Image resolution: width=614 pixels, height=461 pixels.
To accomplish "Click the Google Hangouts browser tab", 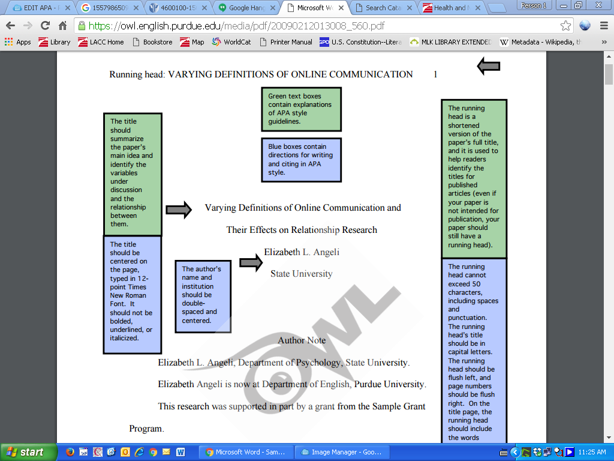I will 246,8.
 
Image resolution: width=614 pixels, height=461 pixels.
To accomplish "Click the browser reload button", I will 45,26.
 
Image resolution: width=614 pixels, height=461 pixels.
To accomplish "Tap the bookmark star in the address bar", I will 565,26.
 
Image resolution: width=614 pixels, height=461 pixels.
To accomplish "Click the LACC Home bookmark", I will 101,42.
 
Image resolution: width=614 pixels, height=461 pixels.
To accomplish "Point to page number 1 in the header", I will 435,74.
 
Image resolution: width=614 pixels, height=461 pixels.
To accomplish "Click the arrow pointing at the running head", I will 488,67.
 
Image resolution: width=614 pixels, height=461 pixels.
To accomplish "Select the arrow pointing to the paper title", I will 178,209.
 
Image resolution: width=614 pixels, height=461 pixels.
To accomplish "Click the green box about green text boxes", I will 301,109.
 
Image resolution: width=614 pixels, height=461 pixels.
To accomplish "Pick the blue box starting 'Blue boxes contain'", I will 301,160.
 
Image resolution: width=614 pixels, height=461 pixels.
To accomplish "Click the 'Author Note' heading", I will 302,340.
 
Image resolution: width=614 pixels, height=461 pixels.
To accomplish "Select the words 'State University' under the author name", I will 301,274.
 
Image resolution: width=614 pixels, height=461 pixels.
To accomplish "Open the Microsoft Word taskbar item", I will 246,452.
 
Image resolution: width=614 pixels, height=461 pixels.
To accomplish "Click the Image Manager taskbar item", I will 342,452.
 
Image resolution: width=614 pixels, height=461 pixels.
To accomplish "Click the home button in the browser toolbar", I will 62,26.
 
